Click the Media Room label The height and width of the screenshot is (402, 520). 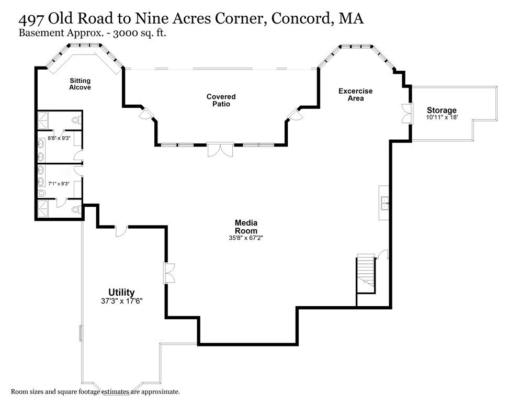coord(246,227)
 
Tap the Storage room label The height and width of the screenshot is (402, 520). coord(442,110)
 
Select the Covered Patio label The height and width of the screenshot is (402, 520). coord(221,100)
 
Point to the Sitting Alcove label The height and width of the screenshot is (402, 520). coord(80,84)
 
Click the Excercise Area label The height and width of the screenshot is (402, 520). coord(355,95)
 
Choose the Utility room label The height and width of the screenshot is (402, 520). coord(121,292)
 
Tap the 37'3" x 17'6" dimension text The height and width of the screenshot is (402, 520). coord(121,301)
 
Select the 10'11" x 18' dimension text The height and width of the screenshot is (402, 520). coord(442,118)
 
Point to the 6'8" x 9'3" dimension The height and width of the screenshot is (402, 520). coord(59,138)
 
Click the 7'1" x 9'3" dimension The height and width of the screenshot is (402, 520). coord(59,184)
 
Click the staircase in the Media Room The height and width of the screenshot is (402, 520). coord(366,272)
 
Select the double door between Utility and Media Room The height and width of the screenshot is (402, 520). coord(169,273)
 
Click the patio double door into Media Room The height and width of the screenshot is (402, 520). coord(220,150)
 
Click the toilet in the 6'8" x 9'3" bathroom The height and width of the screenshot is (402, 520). coord(76,120)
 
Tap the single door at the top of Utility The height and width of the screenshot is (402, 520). coord(121,231)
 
